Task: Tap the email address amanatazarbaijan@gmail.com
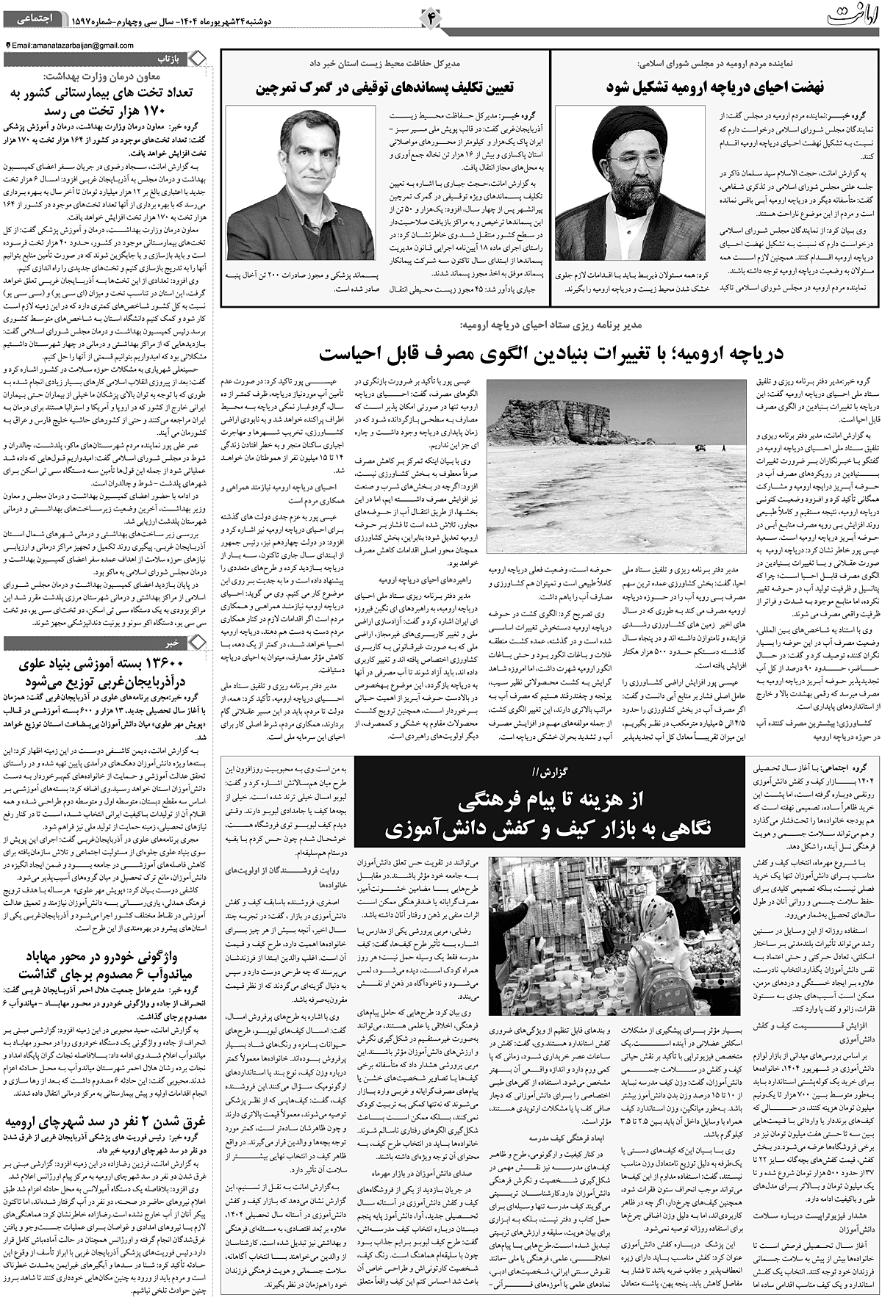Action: pyautogui.click(x=73, y=46)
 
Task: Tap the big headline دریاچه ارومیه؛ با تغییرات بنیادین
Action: pyautogui.click(x=551, y=353)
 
